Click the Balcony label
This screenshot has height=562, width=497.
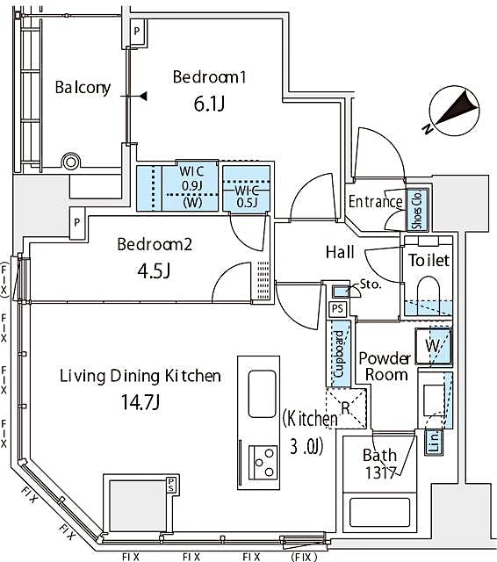[83, 87]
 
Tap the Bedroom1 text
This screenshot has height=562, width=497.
[209, 77]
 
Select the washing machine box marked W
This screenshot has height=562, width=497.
[434, 346]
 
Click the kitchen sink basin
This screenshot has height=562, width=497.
[262, 393]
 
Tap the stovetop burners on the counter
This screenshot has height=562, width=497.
[263, 458]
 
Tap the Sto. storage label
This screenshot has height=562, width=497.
[370, 285]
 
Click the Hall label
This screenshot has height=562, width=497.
[340, 253]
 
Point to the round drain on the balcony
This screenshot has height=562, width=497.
[71, 162]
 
